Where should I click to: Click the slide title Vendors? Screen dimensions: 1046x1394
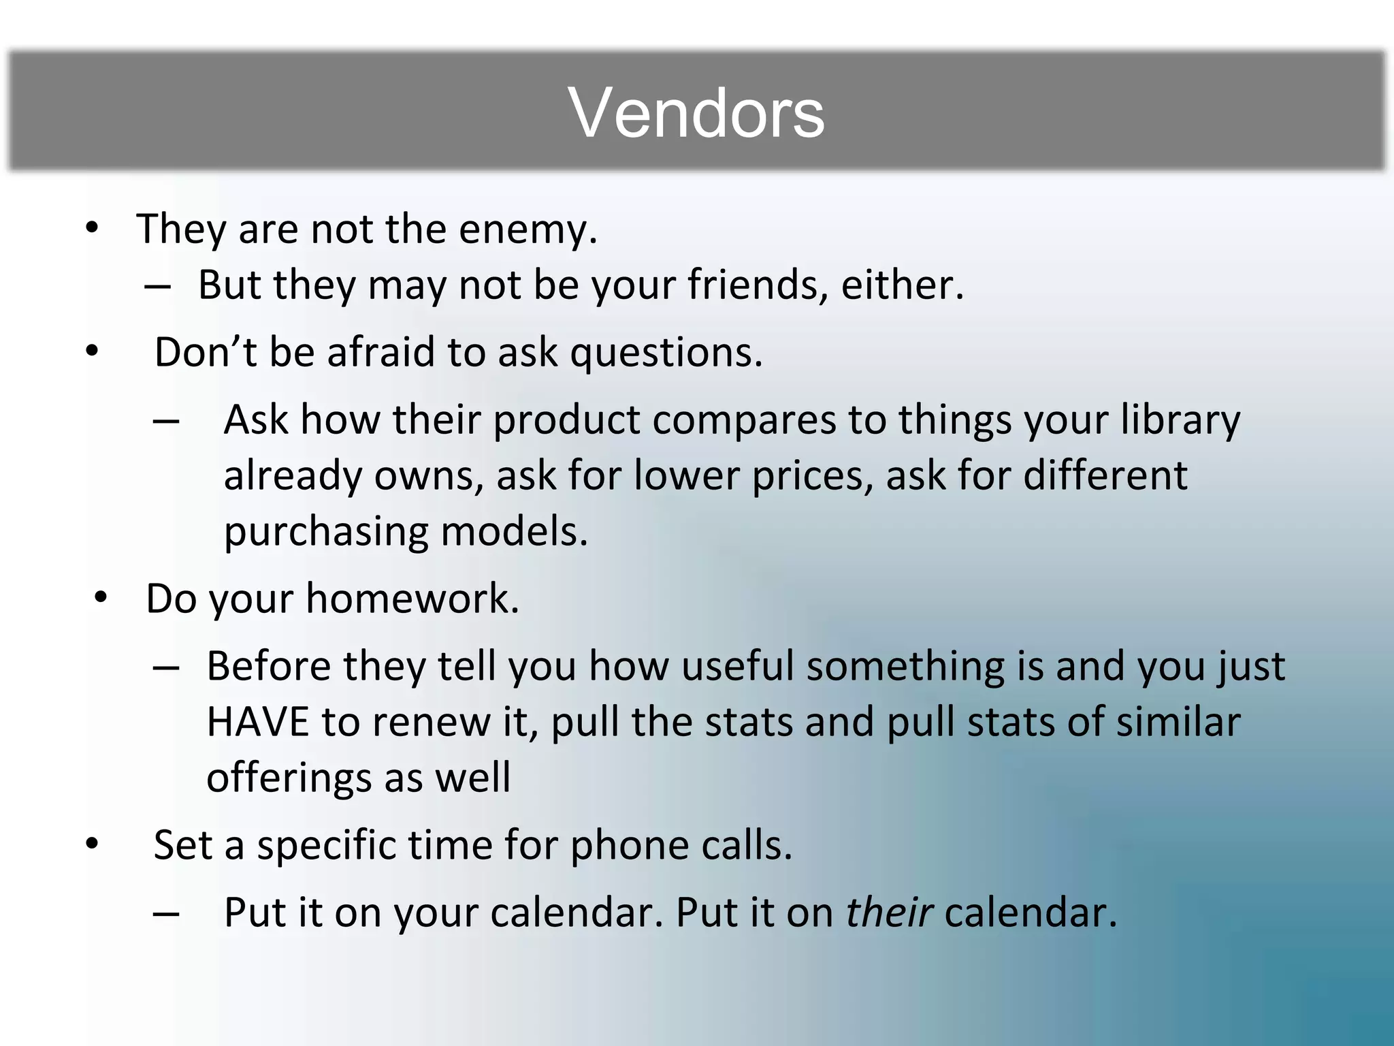click(696, 113)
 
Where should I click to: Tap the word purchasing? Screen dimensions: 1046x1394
click(326, 532)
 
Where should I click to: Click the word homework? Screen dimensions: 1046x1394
click(412, 599)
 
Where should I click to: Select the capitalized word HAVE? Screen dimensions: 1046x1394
click(258, 722)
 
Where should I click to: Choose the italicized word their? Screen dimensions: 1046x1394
click(889, 913)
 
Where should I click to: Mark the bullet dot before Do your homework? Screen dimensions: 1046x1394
click(101, 598)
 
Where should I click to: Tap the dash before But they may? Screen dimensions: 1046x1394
click(157, 286)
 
